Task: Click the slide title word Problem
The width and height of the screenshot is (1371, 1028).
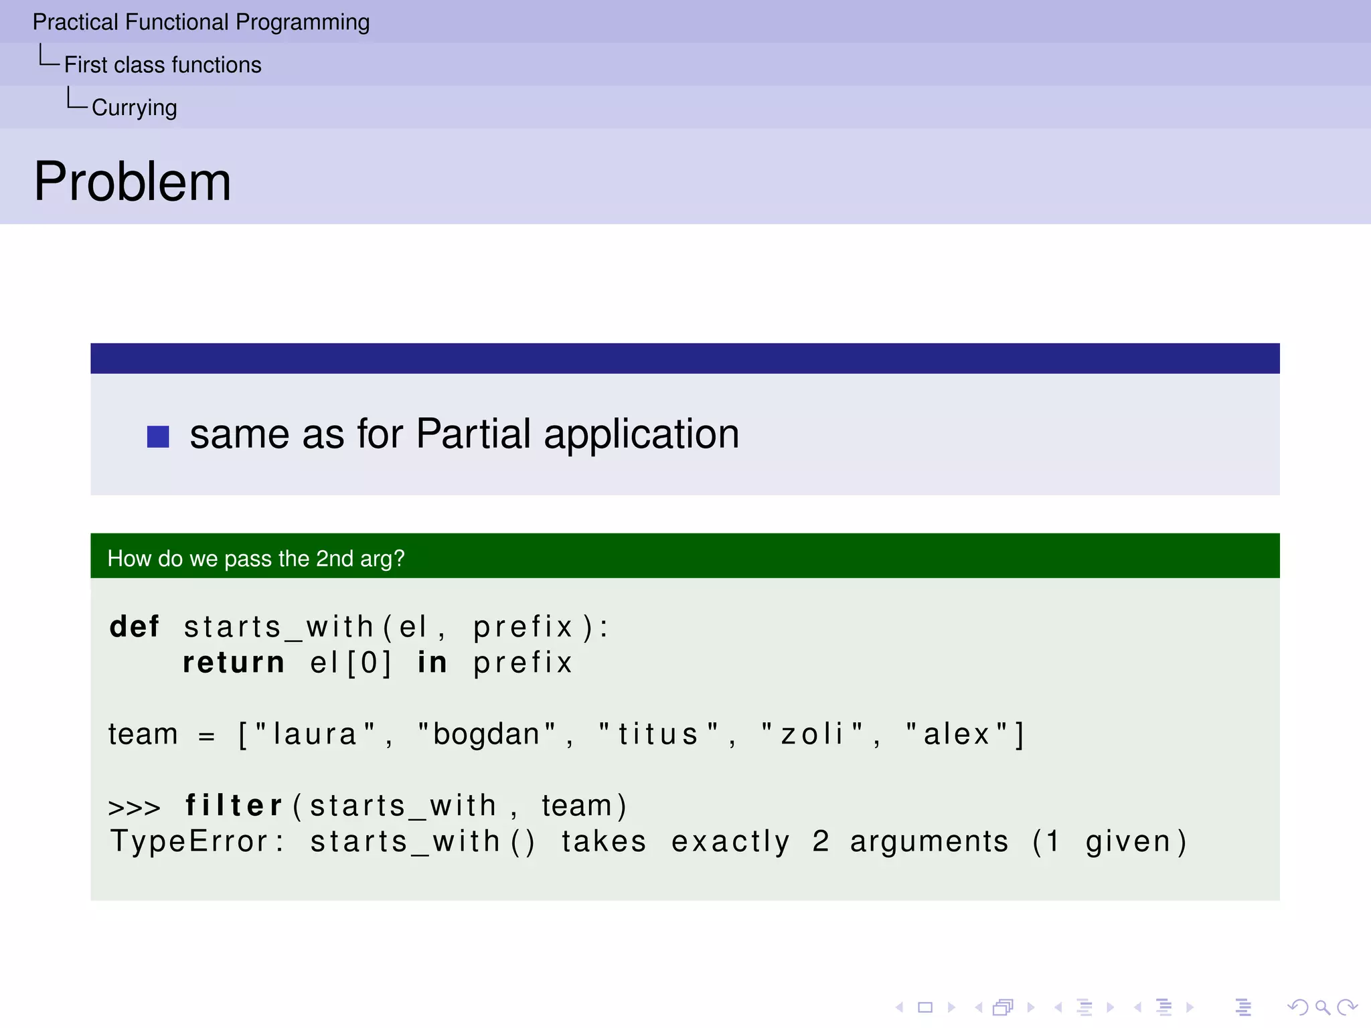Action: coord(133,182)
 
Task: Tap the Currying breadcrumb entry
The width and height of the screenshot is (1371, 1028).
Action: coord(134,108)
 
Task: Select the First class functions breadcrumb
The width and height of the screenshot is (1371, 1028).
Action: coord(163,65)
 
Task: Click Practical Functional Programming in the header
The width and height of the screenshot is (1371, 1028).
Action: coord(201,22)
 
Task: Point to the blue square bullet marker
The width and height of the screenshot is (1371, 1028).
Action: coord(158,436)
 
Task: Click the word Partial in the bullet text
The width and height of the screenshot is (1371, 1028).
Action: coord(473,434)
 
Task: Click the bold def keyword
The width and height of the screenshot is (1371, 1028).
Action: coord(135,627)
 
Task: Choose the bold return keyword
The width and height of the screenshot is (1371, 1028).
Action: coord(234,663)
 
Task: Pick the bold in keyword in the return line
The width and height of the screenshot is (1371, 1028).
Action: coord(432,663)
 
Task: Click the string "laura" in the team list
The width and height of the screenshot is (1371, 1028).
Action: coord(315,734)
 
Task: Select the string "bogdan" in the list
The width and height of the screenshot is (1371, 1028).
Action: coord(487,734)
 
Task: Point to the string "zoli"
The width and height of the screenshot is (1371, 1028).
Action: coord(812,734)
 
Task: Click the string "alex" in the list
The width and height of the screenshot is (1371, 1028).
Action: coord(957,734)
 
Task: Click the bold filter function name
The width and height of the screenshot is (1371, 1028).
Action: coord(234,806)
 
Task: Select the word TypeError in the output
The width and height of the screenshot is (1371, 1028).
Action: coord(189,841)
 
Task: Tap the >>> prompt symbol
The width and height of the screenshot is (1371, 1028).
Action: coord(134,807)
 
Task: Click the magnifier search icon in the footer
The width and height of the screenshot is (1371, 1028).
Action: coord(1322,1007)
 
